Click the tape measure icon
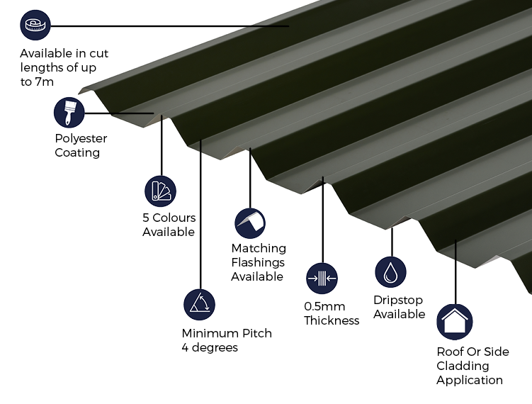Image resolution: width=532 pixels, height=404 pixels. pos(35,25)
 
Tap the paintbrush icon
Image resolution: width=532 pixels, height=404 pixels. pos(69,113)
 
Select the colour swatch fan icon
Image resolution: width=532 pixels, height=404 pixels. pos(160,191)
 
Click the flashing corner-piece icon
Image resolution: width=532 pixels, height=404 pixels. pos(250,223)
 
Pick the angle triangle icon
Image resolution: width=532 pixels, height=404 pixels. pos(200,305)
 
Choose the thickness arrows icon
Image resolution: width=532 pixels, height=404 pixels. pos(322,279)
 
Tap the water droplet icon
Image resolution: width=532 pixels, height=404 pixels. pos(390,272)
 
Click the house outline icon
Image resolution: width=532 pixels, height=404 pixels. pos(455,322)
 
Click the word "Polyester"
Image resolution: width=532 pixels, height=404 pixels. pos(81,138)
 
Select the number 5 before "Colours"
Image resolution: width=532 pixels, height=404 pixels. pos(146,218)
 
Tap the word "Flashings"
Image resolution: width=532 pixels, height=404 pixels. pos(258,262)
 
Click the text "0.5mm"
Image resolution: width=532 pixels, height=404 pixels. pos(324,307)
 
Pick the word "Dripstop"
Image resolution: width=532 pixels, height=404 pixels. pos(398,300)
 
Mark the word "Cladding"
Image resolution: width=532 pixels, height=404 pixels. pos(463,366)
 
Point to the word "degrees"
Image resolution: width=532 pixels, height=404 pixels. pos(215,347)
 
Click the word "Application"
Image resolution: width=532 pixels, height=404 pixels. pos(470,380)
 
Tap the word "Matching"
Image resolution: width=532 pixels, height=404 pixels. pos(259,249)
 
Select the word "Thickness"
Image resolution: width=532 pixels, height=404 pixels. pos(332,320)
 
